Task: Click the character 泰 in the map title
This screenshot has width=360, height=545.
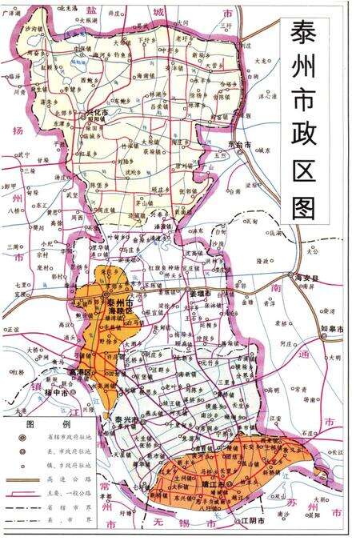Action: click(301, 37)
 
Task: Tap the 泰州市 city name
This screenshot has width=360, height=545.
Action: click(116, 303)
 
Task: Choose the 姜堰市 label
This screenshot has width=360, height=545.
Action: click(197, 295)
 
